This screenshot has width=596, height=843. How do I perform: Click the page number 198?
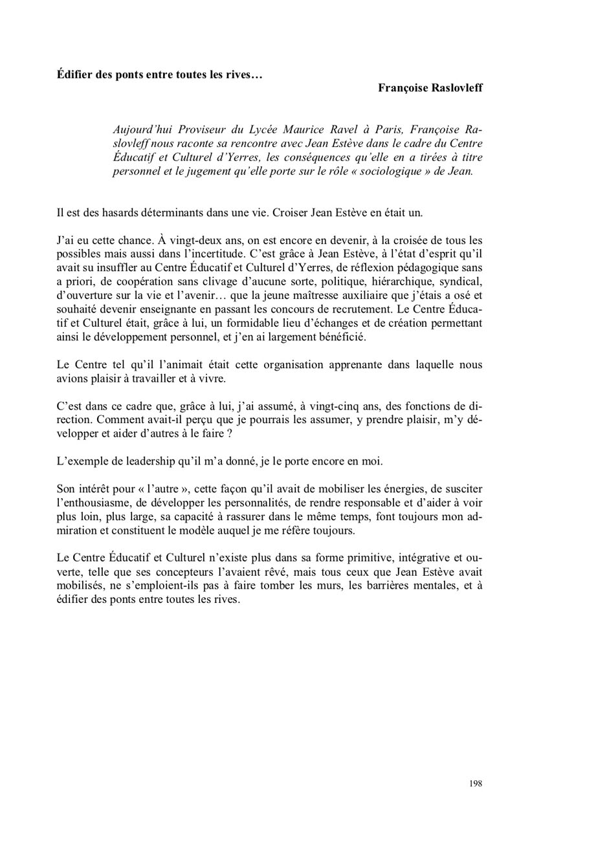476,783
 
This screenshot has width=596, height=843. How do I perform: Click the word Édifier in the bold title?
74,74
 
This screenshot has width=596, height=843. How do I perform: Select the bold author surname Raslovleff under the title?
454,88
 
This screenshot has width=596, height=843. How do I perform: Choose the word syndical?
461,281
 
